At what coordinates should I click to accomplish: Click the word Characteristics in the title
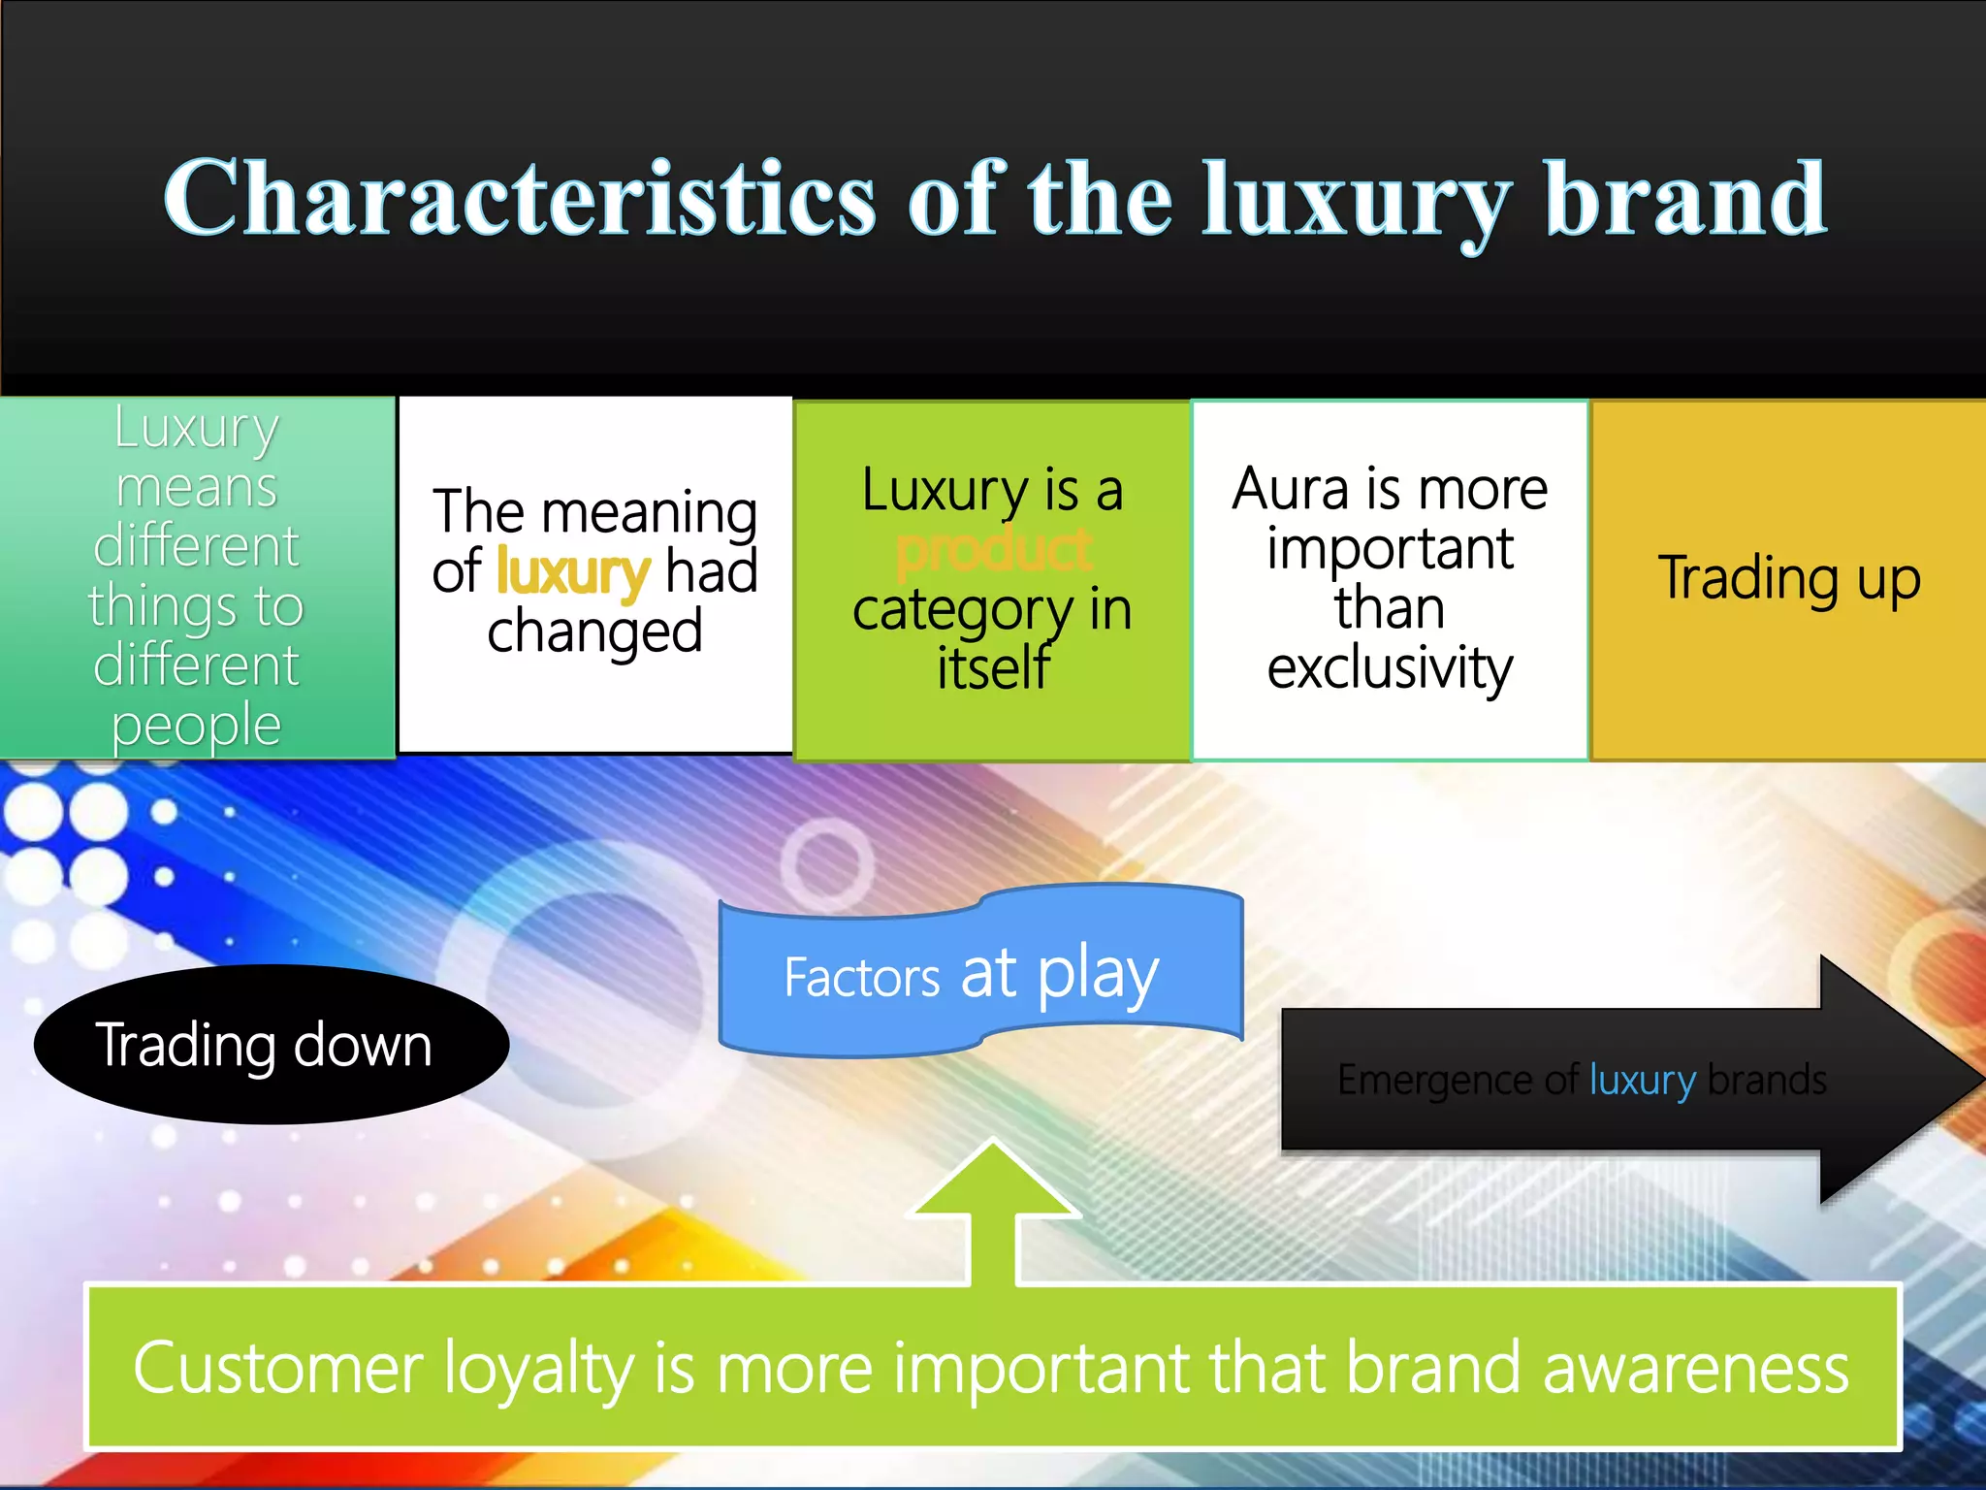(x=519, y=199)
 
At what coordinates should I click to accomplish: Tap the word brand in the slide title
(x=1685, y=199)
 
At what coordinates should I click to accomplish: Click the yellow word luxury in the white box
(x=572, y=572)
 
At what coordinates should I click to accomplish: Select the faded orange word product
(x=994, y=551)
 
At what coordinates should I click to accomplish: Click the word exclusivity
(x=1389, y=669)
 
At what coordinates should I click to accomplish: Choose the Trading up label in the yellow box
(x=1789, y=579)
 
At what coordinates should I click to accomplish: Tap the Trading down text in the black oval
(x=264, y=1046)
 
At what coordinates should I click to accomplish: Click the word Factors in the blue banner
(x=861, y=978)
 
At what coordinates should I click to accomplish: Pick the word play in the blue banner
(x=1098, y=975)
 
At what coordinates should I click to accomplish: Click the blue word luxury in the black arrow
(x=1642, y=1080)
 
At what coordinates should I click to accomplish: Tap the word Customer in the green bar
(x=277, y=1368)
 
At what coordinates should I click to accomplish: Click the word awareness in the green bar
(x=1695, y=1368)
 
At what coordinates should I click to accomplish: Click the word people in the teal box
(x=197, y=726)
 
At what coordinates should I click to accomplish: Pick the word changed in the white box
(x=594, y=632)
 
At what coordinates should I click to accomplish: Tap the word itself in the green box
(x=993, y=669)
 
